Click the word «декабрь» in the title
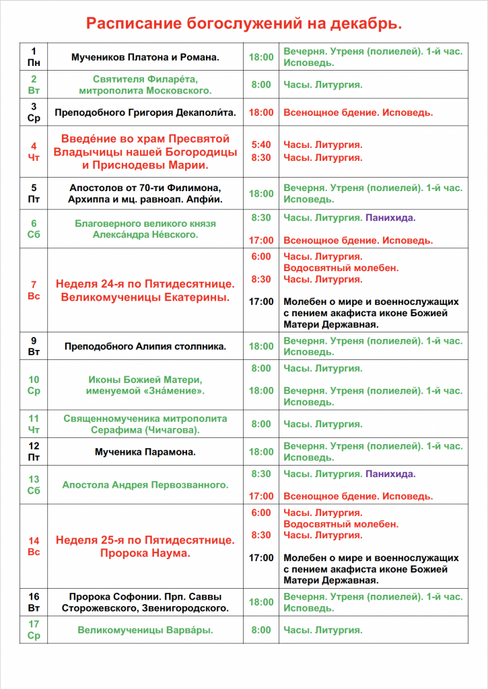[365, 24]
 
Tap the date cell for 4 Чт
[34, 151]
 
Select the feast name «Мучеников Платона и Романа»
[145, 57]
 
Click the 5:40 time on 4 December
[261, 145]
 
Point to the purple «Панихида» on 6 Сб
[390, 218]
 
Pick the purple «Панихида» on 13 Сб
[390, 474]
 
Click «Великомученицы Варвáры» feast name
[145, 630]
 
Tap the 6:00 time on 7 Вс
[261, 256]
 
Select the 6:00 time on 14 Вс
[261, 513]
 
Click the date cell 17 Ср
[34, 630]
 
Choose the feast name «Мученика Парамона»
[145, 452]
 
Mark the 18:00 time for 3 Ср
[261, 112]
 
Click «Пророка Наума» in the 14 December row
[145, 554]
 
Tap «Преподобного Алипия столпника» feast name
[145, 347]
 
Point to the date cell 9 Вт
[34, 346]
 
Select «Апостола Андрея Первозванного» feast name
[145, 484]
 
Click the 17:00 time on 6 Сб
[261, 240]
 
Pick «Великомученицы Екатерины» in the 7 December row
[145, 297]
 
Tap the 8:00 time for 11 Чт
[261, 424]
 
